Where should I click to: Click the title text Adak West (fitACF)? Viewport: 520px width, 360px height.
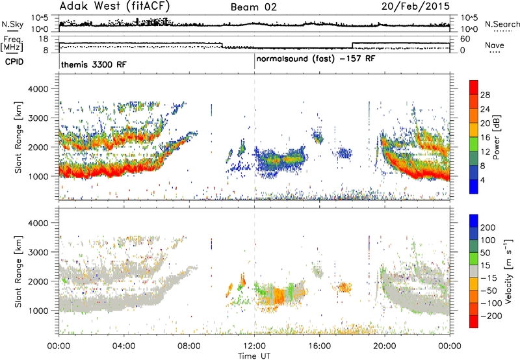click(114, 6)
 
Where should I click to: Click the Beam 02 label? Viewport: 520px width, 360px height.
click(253, 7)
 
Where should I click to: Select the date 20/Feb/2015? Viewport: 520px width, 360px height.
click(415, 6)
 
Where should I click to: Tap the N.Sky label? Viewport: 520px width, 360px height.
click(12, 25)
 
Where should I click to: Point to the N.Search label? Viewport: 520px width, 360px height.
click(502, 24)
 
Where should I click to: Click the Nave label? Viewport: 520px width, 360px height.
click(494, 45)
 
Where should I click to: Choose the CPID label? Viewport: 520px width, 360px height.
click(14, 62)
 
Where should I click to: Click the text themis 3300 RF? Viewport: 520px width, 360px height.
click(94, 64)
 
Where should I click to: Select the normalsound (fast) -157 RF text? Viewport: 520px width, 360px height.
click(316, 59)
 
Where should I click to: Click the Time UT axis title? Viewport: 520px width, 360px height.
click(254, 356)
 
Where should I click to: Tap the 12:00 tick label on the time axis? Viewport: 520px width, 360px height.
click(254, 346)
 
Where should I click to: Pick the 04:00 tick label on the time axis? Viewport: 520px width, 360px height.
click(124, 346)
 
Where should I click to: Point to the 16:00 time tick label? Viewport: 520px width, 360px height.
click(319, 346)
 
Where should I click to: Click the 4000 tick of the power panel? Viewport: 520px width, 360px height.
click(38, 89)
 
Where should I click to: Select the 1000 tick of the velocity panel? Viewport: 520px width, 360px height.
click(38, 311)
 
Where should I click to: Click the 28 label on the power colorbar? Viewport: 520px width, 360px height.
click(485, 95)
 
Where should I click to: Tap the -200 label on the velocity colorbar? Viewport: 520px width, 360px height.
click(491, 316)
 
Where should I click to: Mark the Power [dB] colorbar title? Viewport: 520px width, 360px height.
click(496, 137)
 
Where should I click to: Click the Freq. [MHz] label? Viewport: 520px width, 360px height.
click(13, 44)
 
